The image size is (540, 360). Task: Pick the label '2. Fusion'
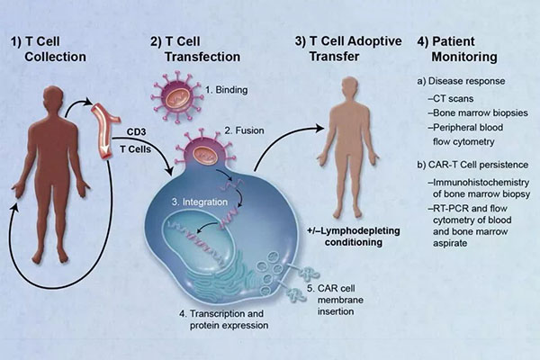click(x=241, y=130)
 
